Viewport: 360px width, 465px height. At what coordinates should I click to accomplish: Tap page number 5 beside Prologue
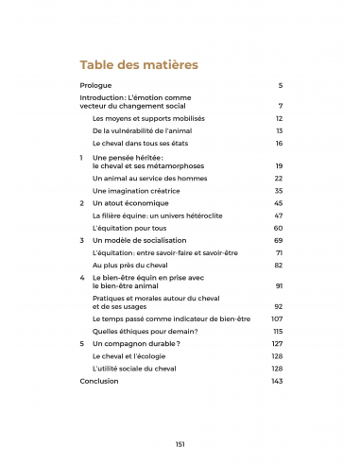tap(281, 86)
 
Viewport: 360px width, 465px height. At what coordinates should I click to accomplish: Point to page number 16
tap(279, 144)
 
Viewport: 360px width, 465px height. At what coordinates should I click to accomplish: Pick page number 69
tap(279, 241)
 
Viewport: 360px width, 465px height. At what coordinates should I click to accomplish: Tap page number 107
tap(278, 319)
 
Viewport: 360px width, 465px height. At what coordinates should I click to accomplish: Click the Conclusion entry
tap(99, 382)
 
